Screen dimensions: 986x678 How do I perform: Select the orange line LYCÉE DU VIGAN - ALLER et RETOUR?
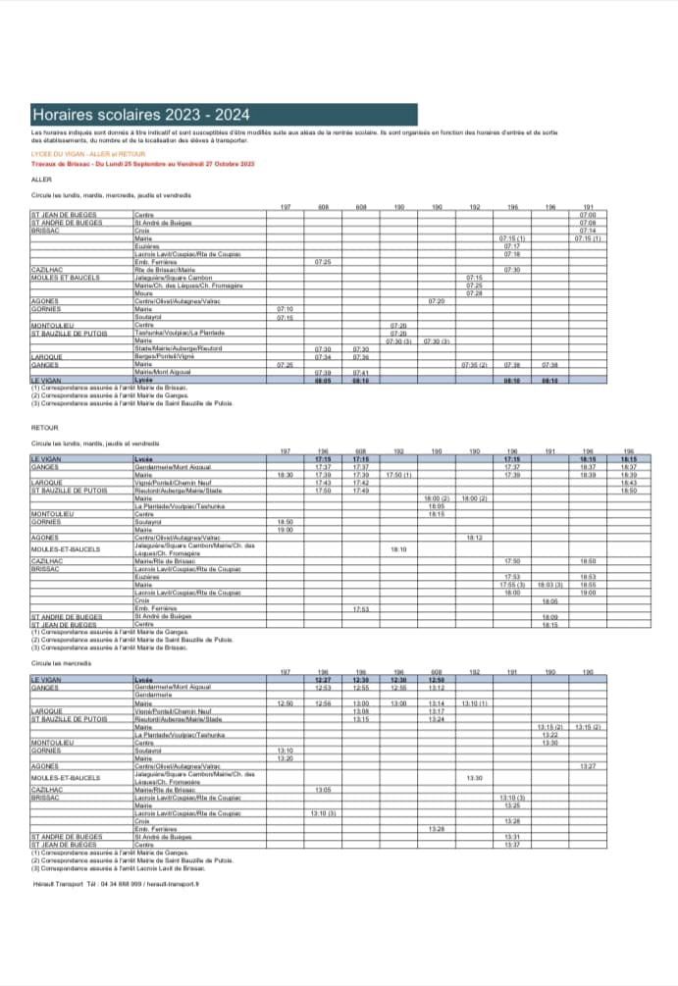[88, 154]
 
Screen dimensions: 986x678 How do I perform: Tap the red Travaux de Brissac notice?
[142, 164]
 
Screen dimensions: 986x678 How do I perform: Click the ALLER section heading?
[41, 180]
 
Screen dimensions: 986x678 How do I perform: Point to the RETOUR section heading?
[45, 429]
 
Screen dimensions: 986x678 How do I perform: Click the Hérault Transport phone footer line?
[115, 883]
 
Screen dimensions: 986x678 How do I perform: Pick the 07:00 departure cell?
[587, 214]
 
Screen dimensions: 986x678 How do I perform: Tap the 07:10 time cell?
[285, 308]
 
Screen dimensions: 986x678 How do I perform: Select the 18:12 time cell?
[474, 538]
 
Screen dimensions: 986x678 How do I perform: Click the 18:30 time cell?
[285, 475]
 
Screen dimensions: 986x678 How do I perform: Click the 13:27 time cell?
[587, 765]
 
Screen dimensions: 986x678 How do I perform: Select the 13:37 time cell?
[511, 844]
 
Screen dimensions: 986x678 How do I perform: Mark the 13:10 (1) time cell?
[474, 703]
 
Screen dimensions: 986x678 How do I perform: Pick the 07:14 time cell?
[587, 230]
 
